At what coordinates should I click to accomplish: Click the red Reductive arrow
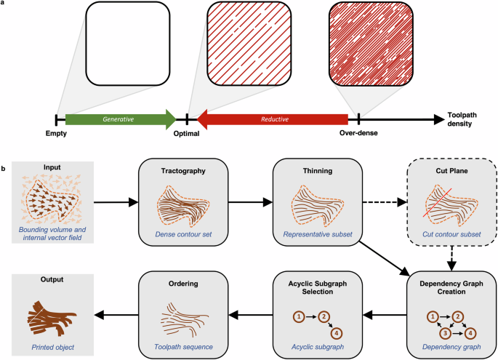click(273, 119)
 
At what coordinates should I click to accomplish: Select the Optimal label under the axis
click(187, 134)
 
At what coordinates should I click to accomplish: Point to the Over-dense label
click(358, 134)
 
